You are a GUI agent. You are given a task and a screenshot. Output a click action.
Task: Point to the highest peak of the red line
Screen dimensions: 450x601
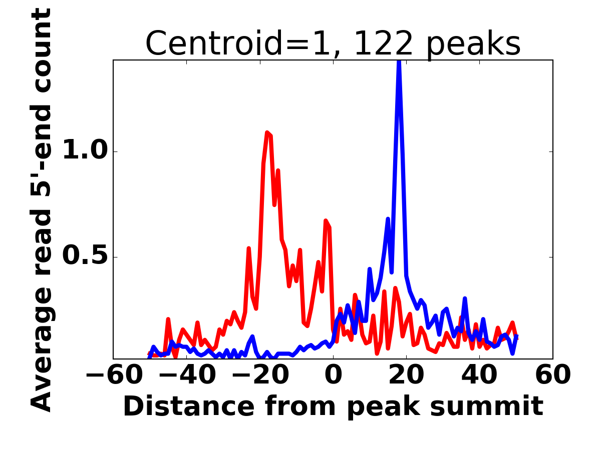[267, 132]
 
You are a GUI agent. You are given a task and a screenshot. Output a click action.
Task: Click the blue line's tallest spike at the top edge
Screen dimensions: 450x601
[399, 62]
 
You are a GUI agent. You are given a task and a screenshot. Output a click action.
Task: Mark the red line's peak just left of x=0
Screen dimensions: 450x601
[326, 220]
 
